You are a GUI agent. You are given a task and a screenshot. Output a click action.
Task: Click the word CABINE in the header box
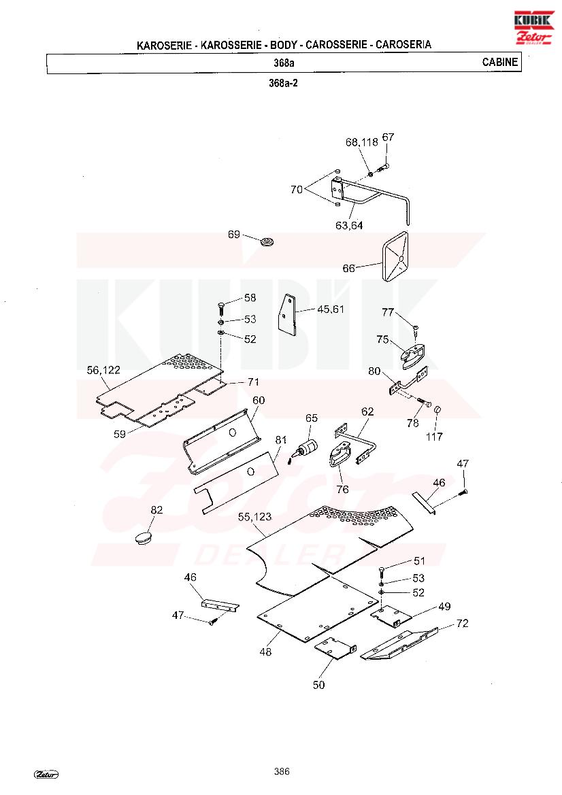coord(499,63)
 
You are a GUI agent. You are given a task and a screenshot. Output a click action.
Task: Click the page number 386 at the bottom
coord(282,771)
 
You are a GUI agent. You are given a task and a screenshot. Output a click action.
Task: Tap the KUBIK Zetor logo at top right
coord(534,28)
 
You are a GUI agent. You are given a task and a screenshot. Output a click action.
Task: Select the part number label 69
coord(233,234)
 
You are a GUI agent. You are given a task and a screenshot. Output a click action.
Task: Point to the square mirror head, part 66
coord(395,258)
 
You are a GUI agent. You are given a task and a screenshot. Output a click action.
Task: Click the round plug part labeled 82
coord(144,538)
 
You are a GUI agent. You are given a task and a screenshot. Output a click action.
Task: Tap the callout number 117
coord(434,436)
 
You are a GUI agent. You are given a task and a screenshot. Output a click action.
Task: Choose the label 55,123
coord(254,517)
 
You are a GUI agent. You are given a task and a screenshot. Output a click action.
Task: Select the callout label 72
coord(462,623)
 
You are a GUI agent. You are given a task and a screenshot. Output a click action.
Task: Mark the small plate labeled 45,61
coord(286,314)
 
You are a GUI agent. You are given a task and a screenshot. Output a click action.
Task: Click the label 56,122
coord(103,370)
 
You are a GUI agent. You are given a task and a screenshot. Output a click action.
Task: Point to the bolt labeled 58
coord(222,308)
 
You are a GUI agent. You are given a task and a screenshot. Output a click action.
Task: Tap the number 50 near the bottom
coord(318,685)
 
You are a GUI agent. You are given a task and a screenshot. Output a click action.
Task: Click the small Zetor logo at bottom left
coord(46,774)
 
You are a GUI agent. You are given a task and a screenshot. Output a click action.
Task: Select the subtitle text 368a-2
coord(284,83)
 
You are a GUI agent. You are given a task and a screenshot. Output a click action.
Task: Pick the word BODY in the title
coord(284,45)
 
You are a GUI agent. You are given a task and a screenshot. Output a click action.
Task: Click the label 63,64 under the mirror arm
coord(349,226)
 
